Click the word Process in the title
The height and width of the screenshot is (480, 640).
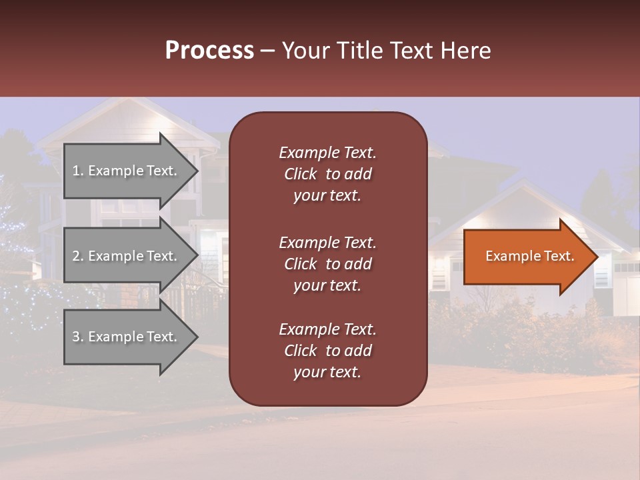tap(209, 50)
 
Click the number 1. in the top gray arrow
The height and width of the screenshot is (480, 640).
tap(78, 171)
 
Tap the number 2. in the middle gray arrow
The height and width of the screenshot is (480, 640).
tap(78, 256)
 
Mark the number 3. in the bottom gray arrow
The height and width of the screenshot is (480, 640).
tap(78, 337)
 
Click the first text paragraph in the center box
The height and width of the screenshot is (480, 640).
tap(327, 174)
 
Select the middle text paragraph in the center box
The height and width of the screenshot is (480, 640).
tap(327, 263)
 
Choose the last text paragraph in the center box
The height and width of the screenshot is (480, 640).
tap(327, 351)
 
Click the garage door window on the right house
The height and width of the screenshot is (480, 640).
tap(627, 267)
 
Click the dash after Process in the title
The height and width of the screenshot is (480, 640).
tap(268, 51)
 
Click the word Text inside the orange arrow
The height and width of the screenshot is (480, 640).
tap(559, 256)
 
